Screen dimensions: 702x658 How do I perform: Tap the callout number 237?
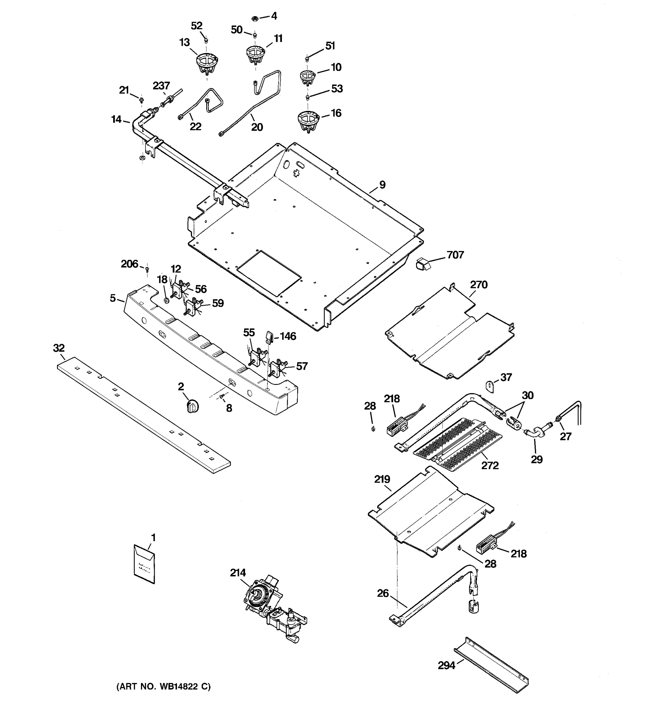pos(161,85)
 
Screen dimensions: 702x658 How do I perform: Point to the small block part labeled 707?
pos(423,264)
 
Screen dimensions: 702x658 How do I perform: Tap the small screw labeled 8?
pos(222,397)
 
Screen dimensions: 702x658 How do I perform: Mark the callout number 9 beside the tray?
pos(382,185)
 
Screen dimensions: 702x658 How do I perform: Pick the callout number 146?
pos(288,336)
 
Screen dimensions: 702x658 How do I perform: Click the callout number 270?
pos(478,284)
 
